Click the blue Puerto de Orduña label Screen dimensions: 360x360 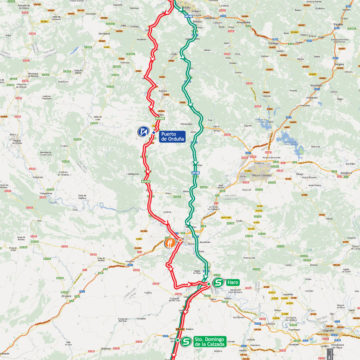(169, 133)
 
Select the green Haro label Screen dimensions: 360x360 (233, 283)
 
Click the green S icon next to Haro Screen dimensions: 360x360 (217, 283)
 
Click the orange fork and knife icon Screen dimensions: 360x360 (169, 240)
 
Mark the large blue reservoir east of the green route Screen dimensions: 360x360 (289, 141)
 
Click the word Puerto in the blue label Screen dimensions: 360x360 (168, 129)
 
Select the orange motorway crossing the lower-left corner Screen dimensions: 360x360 (60, 300)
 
